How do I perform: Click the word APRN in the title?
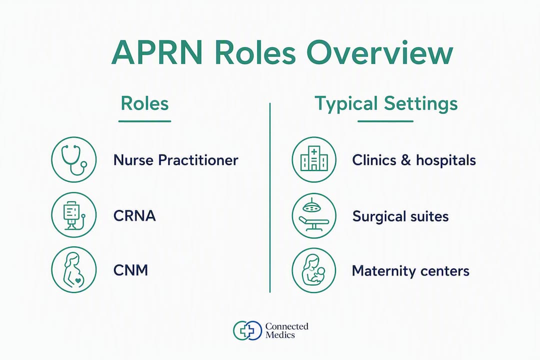coord(157,52)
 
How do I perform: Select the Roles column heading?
coord(144,103)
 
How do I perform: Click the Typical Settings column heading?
coord(386,104)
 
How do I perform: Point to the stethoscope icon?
coord(73,159)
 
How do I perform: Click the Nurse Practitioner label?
coord(175,160)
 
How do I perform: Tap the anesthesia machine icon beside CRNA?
coord(73,214)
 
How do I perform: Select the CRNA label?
coord(134,216)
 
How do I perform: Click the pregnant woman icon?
coord(73,269)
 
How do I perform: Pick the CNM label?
coord(131,270)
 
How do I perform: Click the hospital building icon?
coord(314,159)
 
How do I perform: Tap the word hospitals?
coord(445,160)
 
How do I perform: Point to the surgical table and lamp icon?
coord(314,215)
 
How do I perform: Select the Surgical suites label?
coord(400,216)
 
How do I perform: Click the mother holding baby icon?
coord(313,270)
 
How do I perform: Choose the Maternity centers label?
coord(410,271)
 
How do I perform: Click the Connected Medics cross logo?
coord(247,330)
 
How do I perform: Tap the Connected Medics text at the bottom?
coord(287,330)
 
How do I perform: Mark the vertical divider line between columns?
coord(270,197)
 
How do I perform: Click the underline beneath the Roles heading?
coord(144,121)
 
